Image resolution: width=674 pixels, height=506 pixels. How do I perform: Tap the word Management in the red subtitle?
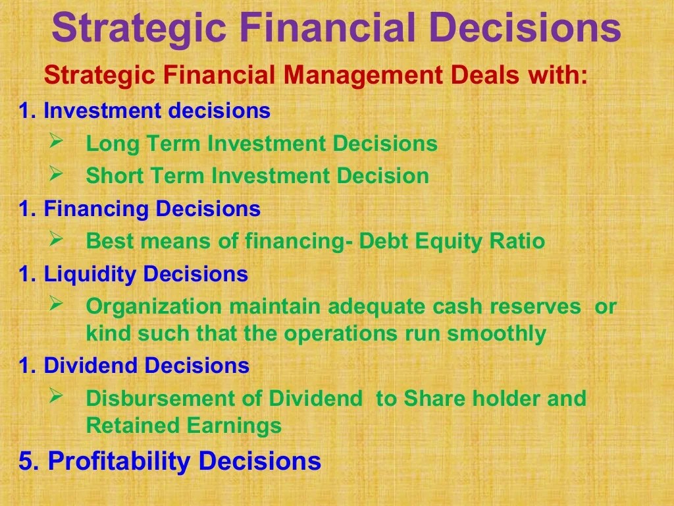point(363,75)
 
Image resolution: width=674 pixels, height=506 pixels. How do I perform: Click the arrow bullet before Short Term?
point(56,173)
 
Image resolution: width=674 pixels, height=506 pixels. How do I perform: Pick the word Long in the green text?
point(113,144)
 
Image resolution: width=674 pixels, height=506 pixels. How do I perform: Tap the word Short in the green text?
point(115,175)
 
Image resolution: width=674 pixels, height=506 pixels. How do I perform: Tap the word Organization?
point(154,307)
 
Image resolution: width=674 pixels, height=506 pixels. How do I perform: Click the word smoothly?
point(497,334)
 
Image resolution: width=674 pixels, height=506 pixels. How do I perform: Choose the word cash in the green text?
point(457,306)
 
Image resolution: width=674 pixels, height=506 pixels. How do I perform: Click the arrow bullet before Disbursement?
point(56,395)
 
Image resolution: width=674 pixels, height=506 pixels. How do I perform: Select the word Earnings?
point(234,426)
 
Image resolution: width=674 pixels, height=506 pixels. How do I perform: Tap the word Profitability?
point(119,461)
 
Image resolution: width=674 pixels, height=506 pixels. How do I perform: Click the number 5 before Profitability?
point(26,461)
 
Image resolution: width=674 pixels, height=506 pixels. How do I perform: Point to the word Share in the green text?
point(434,398)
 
